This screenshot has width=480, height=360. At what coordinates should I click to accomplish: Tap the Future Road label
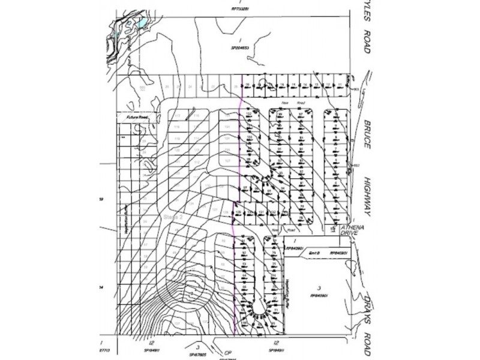tap(133, 117)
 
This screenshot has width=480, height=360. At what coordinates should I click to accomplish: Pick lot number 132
tap(272, 212)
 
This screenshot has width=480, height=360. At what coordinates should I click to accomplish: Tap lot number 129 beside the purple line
tap(237, 212)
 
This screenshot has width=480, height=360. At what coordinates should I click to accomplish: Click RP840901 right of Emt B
tap(339, 253)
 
